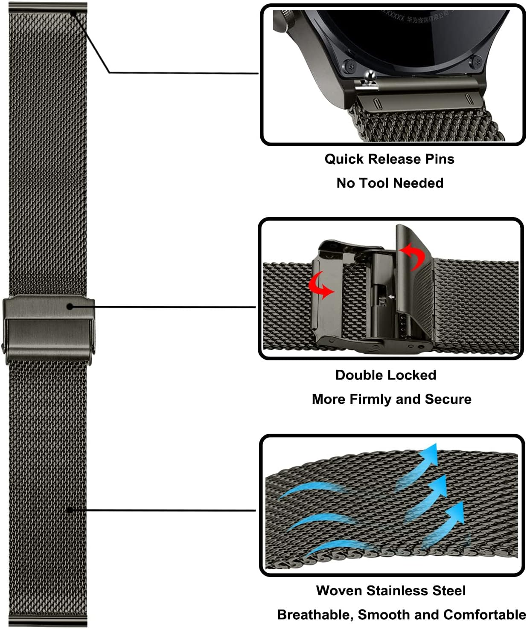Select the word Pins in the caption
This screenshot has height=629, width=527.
440,159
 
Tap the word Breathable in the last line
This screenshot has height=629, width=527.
315,615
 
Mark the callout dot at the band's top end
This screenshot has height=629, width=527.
73,14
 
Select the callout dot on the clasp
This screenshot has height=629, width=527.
70,306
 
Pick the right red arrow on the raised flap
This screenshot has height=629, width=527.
413,255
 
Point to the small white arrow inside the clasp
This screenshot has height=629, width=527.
391,297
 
